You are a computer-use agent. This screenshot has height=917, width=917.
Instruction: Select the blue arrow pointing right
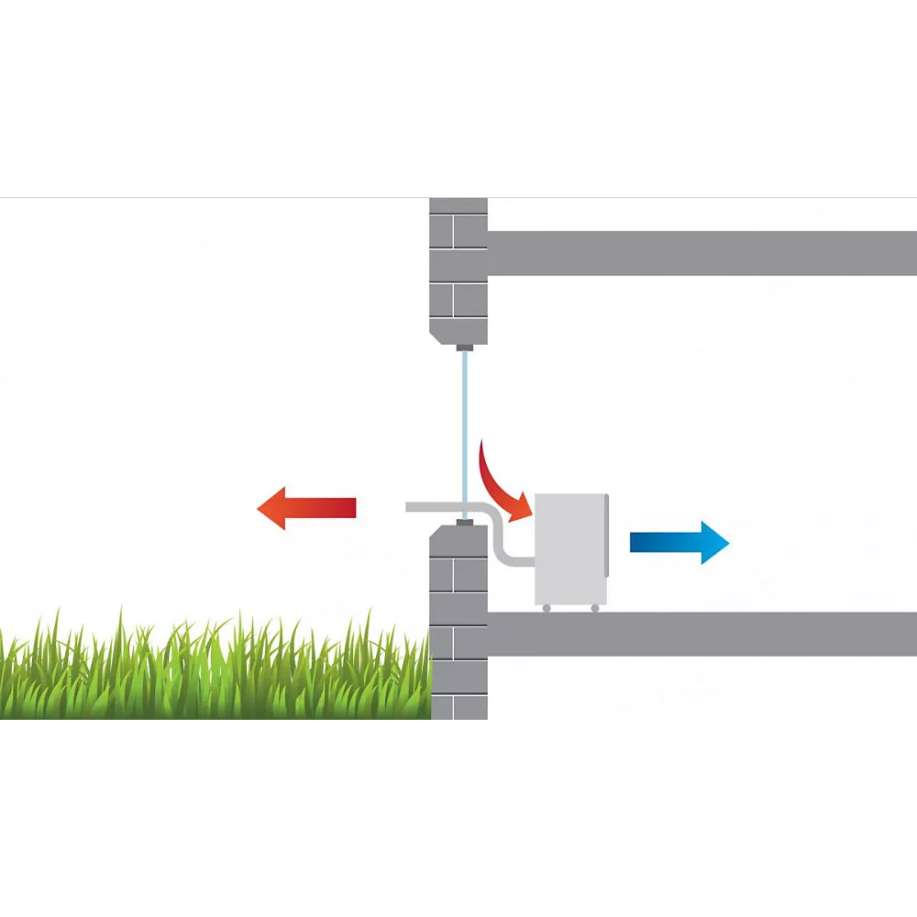pyautogui.click(x=679, y=543)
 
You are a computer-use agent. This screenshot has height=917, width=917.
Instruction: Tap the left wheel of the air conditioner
pyautogui.click(x=547, y=608)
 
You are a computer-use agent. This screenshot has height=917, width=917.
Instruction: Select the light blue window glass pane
pyautogui.click(x=466, y=422)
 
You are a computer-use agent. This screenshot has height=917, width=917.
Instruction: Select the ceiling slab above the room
pyautogui.click(x=702, y=253)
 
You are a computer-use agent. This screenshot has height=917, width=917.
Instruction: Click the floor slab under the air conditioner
pyautogui.click(x=702, y=634)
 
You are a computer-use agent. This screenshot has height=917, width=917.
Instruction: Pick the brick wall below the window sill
pyautogui.click(x=458, y=624)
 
